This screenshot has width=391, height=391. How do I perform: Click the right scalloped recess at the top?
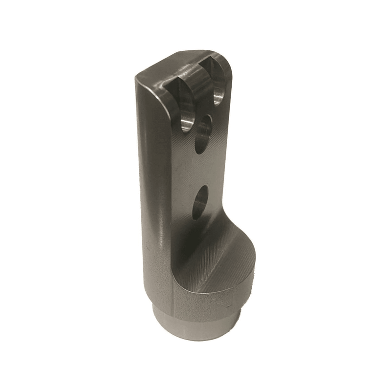click(218, 83)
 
